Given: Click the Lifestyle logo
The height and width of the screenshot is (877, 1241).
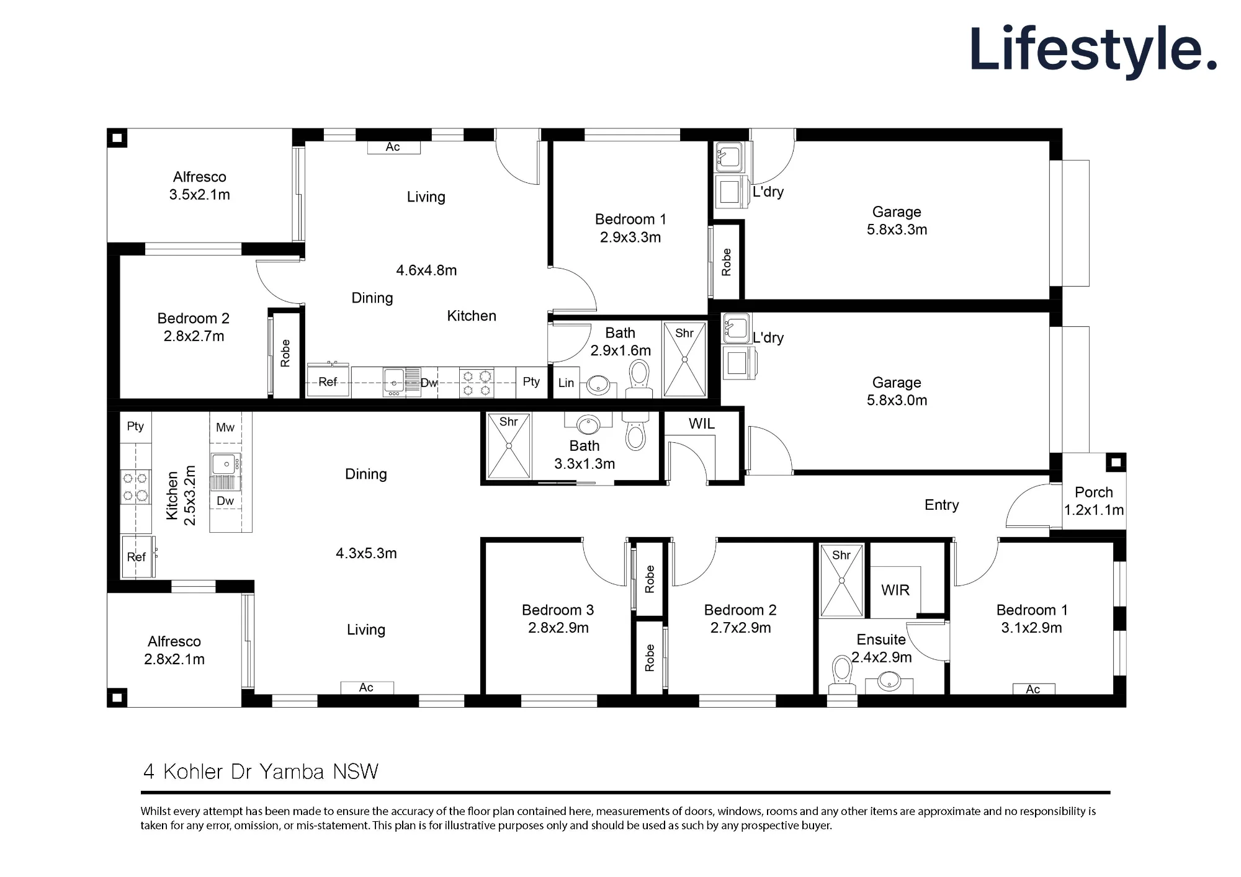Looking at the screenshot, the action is pyautogui.click(x=1093, y=50).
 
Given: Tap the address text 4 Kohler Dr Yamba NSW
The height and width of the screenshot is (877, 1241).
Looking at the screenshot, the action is pyautogui.click(x=261, y=772).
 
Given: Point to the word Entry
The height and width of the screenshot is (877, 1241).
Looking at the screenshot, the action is pyautogui.click(x=941, y=505).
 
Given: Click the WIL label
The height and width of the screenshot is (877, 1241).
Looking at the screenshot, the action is pyautogui.click(x=702, y=424).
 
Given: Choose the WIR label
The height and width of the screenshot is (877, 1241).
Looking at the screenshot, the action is pyautogui.click(x=895, y=590).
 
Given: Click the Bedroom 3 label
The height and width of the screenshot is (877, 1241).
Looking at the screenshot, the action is pyautogui.click(x=558, y=619).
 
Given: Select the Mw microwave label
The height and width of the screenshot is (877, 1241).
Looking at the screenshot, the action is pyautogui.click(x=225, y=427).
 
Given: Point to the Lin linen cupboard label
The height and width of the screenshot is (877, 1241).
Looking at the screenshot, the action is pyautogui.click(x=566, y=383).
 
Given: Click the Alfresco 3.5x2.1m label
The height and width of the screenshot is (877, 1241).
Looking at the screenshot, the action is pyautogui.click(x=199, y=185).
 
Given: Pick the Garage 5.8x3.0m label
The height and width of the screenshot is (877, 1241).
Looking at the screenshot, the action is pyautogui.click(x=897, y=391).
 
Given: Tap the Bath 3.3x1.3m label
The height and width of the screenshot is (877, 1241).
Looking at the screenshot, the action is pyautogui.click(x=585, y=455).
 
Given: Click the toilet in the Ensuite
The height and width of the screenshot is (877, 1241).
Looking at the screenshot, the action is pyautogui.click(x=842, y=675).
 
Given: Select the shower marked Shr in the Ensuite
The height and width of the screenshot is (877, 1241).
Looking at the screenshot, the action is pyautogui.click(x=841, y=581).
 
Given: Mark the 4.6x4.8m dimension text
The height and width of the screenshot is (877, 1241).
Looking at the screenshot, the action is pyautogui.click(x=426, y=270).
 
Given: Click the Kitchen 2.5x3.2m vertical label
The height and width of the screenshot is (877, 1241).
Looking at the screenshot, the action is pyautogui.click(x=181, y=496).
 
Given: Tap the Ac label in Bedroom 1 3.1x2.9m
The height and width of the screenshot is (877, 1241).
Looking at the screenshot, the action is pyautogui.click(x=1033, y=689).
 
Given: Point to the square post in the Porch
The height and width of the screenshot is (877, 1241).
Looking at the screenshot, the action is pyautogui.click(x=1116, y=462).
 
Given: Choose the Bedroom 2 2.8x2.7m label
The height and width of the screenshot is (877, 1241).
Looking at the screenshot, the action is pyautogui.click(x=194, y=327).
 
